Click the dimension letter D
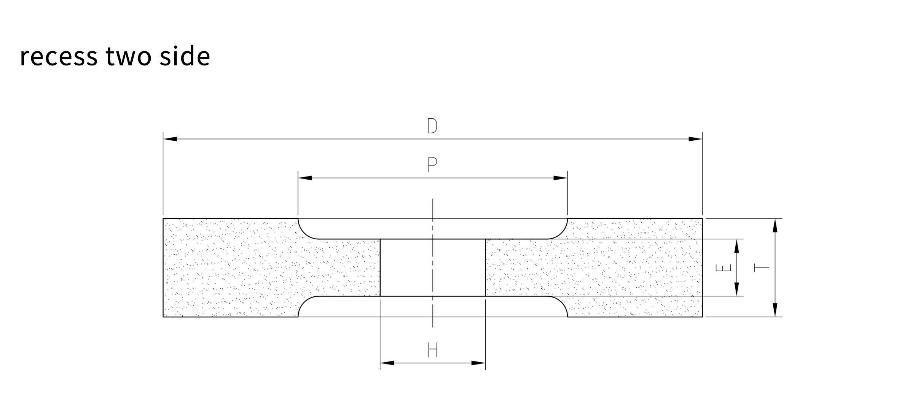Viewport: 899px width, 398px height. point(432,126)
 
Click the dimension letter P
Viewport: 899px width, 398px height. point(432,165)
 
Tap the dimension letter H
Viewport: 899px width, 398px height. point(433,350)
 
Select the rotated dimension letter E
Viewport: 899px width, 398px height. point(724,268)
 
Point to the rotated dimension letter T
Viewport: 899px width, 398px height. point(762,268)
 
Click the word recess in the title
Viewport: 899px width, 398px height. point(59,56)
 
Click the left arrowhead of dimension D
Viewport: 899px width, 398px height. point(170,139)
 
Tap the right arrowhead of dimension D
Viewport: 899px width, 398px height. point(695,139)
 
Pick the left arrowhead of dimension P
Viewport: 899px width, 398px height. point(305,178)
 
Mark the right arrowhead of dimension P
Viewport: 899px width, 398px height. point(561,178)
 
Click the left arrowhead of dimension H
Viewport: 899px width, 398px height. point(387,363)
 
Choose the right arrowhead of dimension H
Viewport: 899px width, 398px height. point(478,363)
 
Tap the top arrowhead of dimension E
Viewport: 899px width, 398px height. point(736,246)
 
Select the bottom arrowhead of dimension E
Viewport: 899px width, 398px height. point(736,289)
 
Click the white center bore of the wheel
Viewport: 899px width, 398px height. point(433,267)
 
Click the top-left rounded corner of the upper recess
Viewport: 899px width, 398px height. point(304,233)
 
